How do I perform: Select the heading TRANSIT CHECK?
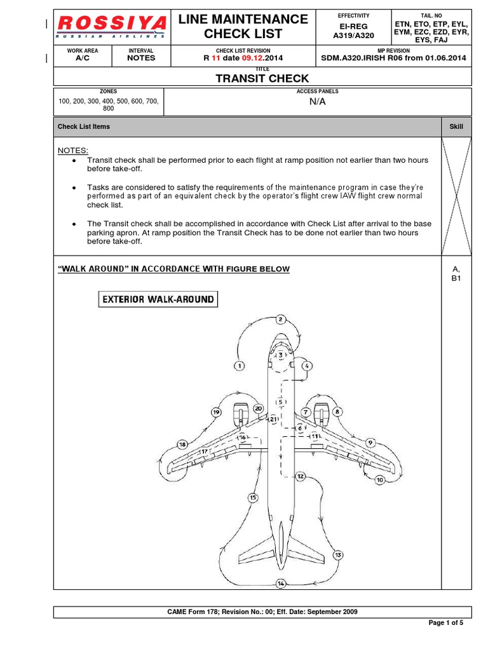point(262,78)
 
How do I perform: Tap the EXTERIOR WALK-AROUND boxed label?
point(158,299)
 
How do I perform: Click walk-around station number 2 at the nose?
point(281,319)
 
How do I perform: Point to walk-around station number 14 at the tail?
point(281,583)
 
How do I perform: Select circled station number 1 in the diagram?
point(239,366)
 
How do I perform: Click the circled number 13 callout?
point(338,555)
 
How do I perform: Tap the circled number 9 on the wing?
point(370,442)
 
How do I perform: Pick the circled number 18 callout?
point(182,444)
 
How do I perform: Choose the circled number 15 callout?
point(253,498)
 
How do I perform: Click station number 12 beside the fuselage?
point(301,476)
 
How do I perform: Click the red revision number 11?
point(215,57)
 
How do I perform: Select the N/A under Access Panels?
point(317,102)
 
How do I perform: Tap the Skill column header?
point(456,127)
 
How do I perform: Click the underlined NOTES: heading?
point(73,150)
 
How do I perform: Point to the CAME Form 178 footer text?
point(262,612)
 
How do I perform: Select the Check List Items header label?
point(84,127)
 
